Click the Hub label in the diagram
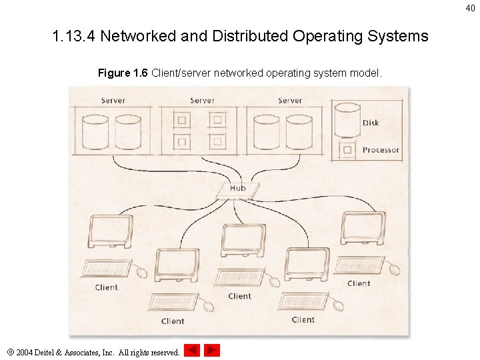pos(237,188)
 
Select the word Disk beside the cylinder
pos(371,123)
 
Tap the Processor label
pos(381,150)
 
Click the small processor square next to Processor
pos(347,150)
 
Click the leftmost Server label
pos(113,101)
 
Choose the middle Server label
pos(202,101)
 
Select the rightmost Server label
pos(290,101)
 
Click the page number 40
pos(471,8)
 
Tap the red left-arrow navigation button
pos(192,350)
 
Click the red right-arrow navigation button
pos(212,350)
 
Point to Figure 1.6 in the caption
pos(123,73)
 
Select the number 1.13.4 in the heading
pos(74,36)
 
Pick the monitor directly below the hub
pos(243,239)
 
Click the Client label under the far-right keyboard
pos(359,283)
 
